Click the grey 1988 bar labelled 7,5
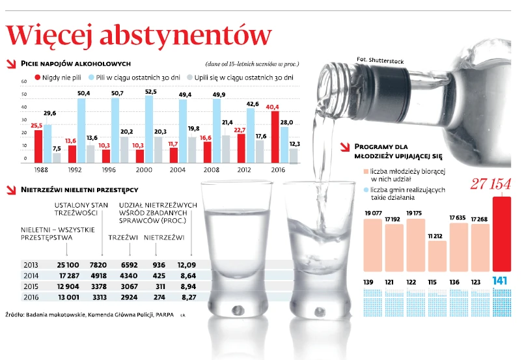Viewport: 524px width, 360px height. (57, 157)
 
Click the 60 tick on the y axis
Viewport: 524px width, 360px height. (23, 81)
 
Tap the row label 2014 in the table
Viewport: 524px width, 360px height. (31, 276)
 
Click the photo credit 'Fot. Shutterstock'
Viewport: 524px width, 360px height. (380, 61)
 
